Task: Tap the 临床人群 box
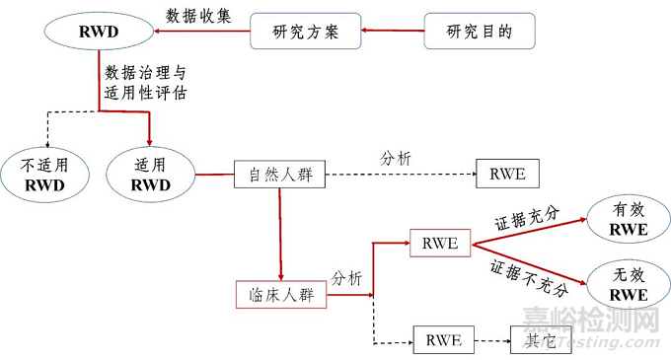click(x=281, y=294)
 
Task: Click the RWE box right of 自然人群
click(x=508, y=175)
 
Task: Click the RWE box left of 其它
click(x=441, y=339)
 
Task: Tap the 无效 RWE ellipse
click(x=628, y=285)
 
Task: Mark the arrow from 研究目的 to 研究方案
click(x=393, y=32)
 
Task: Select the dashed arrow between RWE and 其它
click(x=490, y=340)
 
